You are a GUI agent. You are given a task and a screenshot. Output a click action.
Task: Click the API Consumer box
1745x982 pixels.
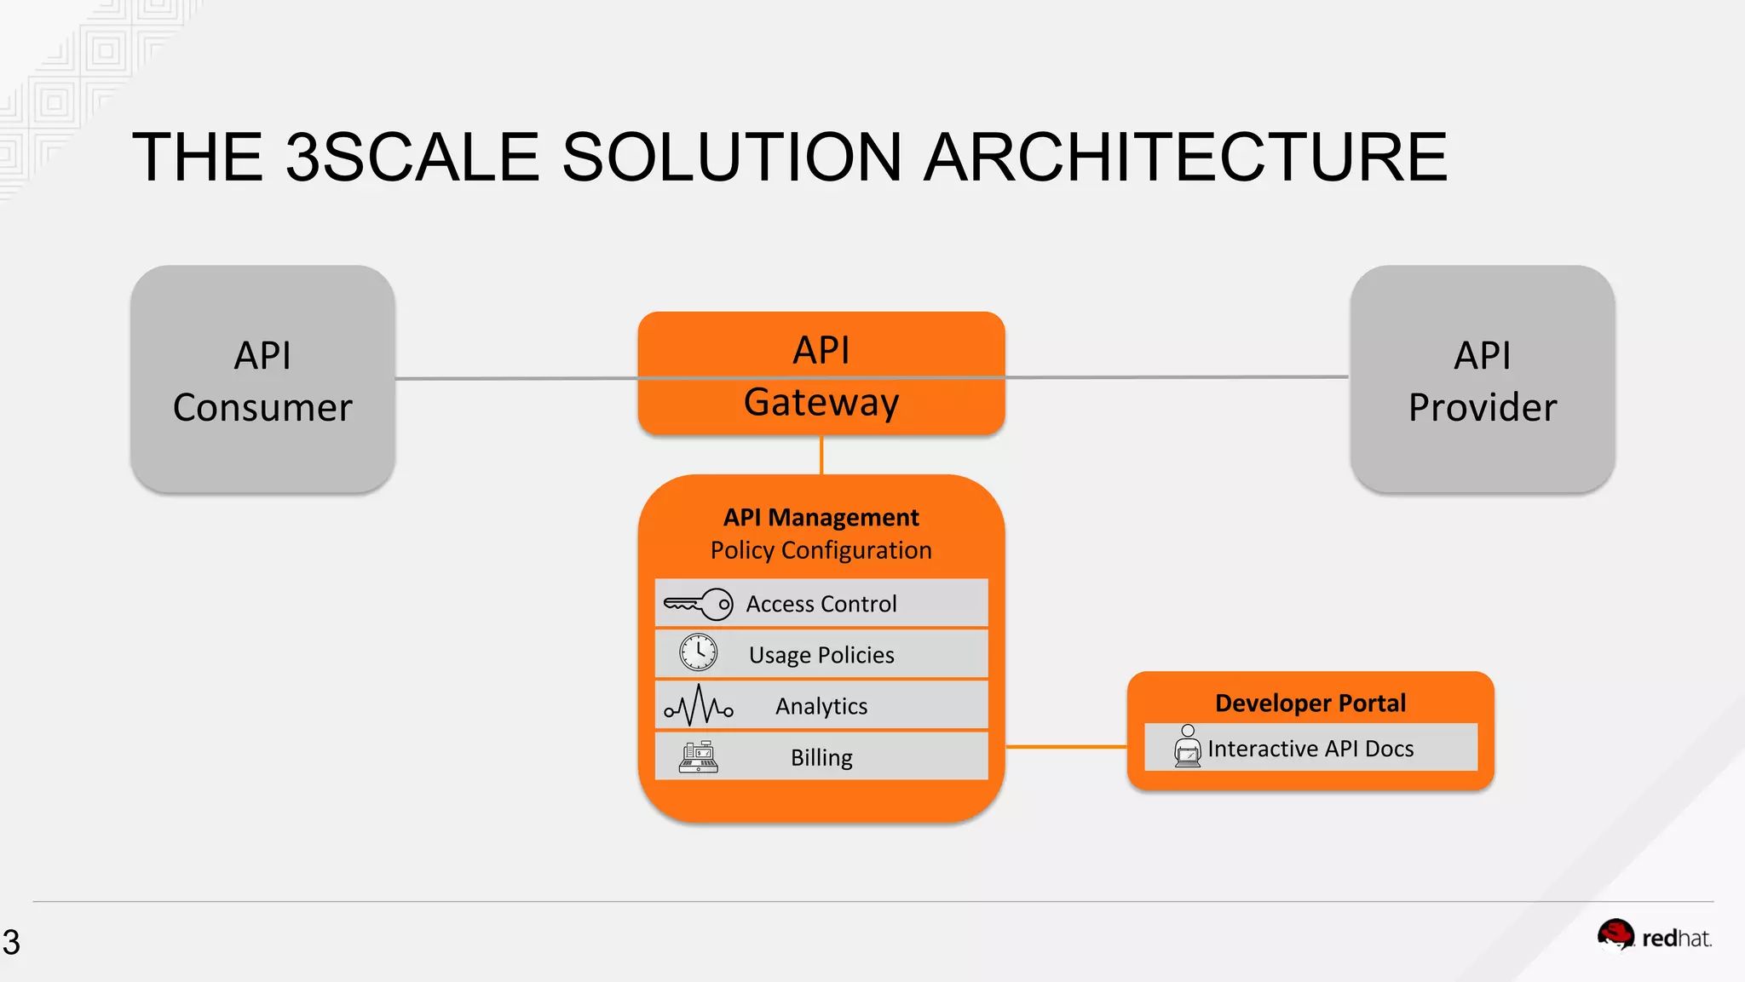click(x=262, y=379)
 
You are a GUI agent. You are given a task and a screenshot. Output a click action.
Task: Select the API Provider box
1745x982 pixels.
click(x=1482, y=379)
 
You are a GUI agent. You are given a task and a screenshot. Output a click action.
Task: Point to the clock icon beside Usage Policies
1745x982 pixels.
click(x=698, y=653)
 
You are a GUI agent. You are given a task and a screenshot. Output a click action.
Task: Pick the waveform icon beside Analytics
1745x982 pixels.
click(x=699, y=705)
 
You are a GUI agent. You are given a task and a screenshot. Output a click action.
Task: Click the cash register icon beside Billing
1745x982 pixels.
click(x=698, y=756)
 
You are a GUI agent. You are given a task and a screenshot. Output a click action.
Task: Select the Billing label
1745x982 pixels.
click(x=821, y=757)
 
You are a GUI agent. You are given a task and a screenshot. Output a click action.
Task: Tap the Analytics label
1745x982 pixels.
click(x=821, y=706)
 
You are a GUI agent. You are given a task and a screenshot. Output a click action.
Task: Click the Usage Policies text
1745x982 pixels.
click(x=821, y=655)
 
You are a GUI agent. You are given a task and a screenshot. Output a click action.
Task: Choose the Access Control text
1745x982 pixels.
click(x=821, y=604)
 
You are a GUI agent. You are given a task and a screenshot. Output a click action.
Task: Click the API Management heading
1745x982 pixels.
click(x=821, y=517)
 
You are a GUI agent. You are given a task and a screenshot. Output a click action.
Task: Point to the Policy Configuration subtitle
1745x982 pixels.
click(x=821, y=550)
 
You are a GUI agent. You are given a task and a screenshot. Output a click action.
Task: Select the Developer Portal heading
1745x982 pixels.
click(x=1310, y=703)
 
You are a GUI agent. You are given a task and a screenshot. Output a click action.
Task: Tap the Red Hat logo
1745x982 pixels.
click(x=1653, y=937)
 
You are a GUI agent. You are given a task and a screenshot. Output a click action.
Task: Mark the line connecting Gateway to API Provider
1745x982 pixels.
click(x=1176, y=376)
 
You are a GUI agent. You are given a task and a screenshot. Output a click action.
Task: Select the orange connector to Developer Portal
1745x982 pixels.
click(x=1066, y=747)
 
